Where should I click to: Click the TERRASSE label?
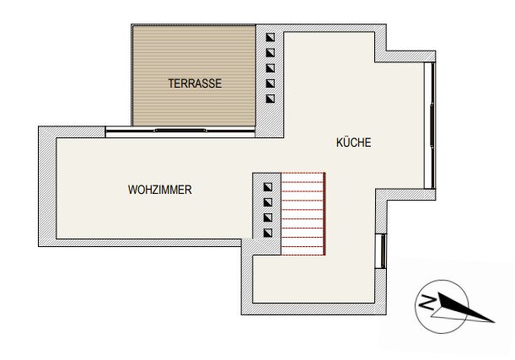(x=195, y=83)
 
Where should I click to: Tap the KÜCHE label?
(x=353, y=142)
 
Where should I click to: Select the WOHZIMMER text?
(x=159, y=190)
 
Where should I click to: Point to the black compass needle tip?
(x=494, y=322)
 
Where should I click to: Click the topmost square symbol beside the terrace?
(x=270, y=37)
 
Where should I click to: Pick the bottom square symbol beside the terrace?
(x=270, y=99)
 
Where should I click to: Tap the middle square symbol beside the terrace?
(x=270, y=68)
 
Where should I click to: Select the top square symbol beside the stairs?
(x=268, y=187)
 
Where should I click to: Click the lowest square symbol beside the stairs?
(x=268, y=233)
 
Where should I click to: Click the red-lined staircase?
(x=303, y=213)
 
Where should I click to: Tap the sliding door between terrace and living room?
(x=180, y=131)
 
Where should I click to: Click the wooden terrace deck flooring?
(x=194, y=76)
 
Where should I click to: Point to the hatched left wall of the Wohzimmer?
(x=47, y=186)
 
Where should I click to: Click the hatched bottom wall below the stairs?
(x=314, y=309)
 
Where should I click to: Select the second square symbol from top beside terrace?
(x=270, y=52)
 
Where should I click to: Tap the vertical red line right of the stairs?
(x=325, y=213)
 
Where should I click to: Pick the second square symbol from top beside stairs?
(x=268, y=202)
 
